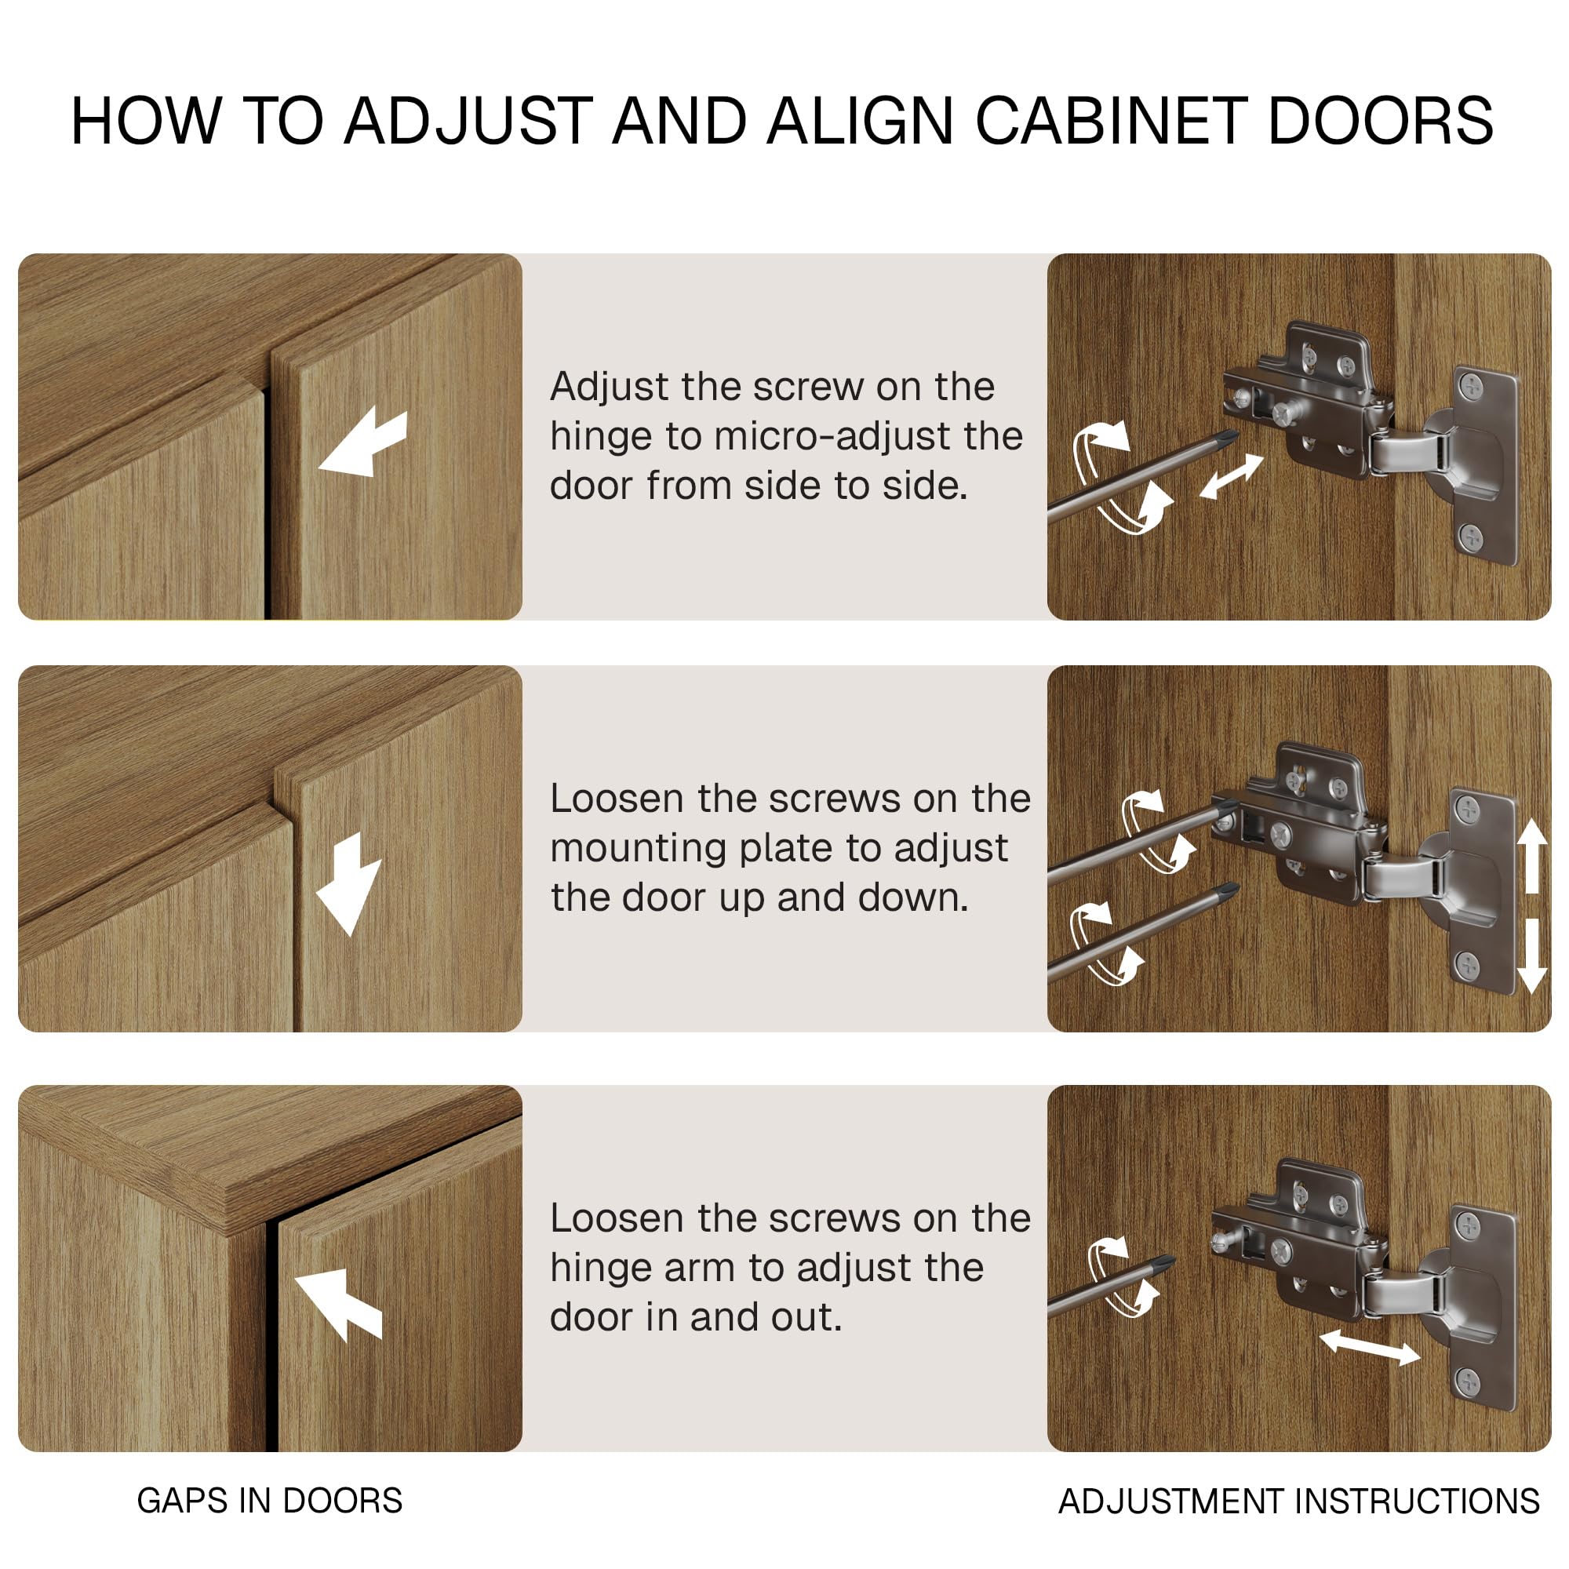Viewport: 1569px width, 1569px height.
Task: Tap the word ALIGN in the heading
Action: (861, 121)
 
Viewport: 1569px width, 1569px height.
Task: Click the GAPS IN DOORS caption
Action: (270, 1501)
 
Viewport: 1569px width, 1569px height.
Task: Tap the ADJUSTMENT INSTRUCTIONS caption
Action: (1298, 1502)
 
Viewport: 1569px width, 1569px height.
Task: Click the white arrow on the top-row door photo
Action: (362, 442)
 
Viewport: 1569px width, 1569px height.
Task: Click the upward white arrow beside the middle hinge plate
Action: (1531, 855)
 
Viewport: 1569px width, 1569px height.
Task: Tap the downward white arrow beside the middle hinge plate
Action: (1531, 956)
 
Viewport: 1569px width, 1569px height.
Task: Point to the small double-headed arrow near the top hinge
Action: (1232, 477)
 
